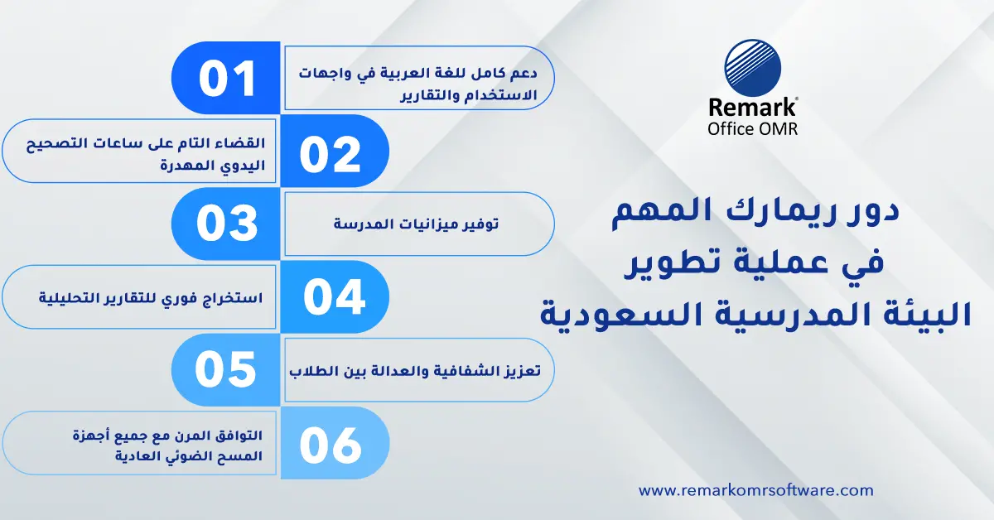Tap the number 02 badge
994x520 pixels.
click(331, 152)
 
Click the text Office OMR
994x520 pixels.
click(753, 128)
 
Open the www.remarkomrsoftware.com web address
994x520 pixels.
click(755, 490)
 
